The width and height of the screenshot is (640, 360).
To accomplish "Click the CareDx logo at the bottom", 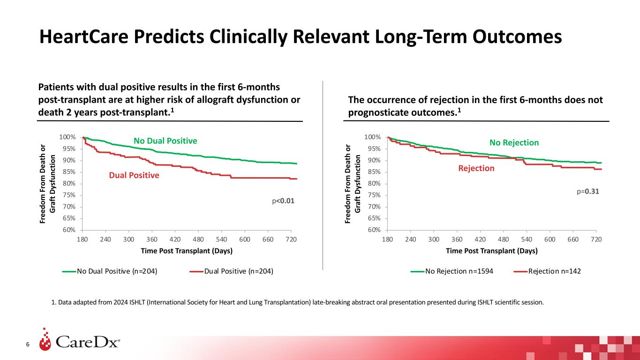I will (x=80, y=342).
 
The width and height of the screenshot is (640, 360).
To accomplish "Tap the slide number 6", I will (x=28, y=345).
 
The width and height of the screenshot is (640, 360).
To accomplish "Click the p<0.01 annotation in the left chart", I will (x=283, y=201).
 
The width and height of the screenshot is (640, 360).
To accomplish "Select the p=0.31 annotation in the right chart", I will (x=588, y=192).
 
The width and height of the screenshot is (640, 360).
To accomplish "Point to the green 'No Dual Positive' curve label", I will (x=166, y=141).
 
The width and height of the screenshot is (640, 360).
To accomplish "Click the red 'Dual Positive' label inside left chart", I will (x=134, y=175).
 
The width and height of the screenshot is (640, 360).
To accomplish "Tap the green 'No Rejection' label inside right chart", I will (x=514, y=142).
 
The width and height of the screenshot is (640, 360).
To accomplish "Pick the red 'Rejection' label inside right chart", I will (x=476, y=168).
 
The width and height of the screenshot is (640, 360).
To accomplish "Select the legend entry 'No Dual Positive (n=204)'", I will (x=117, y=271).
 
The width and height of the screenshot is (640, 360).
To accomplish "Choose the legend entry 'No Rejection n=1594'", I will (x=459, y=271).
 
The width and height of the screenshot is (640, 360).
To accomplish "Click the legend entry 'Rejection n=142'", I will (x=554, y=271).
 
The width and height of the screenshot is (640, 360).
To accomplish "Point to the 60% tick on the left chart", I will (x=68, y=230).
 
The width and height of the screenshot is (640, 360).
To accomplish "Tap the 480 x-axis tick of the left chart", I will (x=198, y=239).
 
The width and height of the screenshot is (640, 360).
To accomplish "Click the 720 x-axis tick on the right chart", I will (x=595, y=239).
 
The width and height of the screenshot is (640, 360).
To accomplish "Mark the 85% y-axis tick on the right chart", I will (x=373, y=172).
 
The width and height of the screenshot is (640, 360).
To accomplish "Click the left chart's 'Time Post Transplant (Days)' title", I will (x=187, y=251).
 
